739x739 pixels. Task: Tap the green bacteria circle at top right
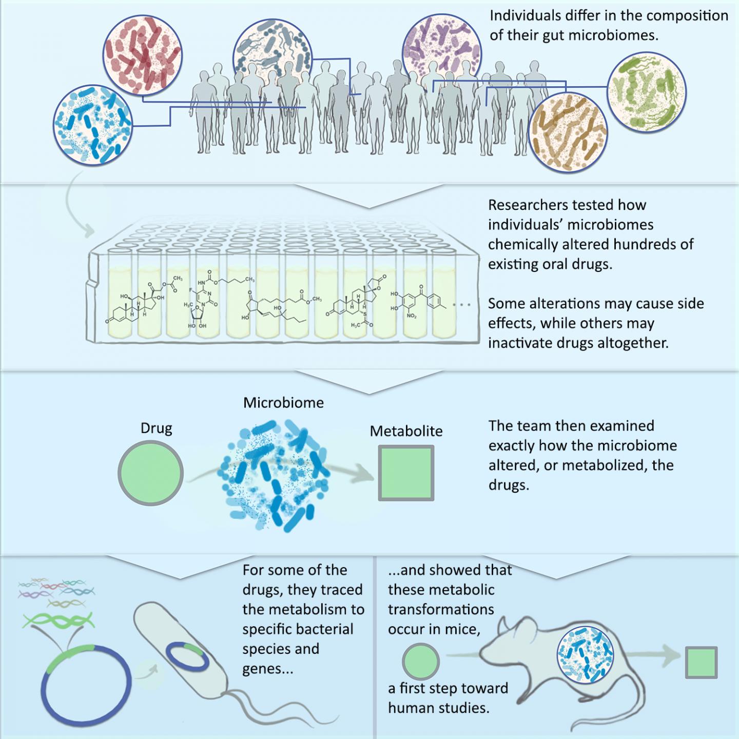(647, 92)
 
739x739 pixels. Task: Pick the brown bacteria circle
(569, 132)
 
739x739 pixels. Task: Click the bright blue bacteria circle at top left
(93, 125)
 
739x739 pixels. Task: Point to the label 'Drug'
(157, 429)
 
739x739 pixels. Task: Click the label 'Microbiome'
(283, 403)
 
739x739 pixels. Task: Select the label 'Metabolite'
(406, 431)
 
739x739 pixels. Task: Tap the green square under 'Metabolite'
(406, 473)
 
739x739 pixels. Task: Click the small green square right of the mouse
(701, 663)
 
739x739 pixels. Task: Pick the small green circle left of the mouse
(421, 662)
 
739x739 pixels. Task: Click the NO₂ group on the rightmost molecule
(412, 316)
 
